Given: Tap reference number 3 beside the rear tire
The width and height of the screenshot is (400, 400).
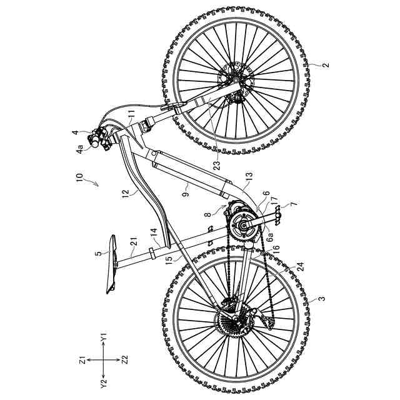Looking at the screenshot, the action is [321, 299].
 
